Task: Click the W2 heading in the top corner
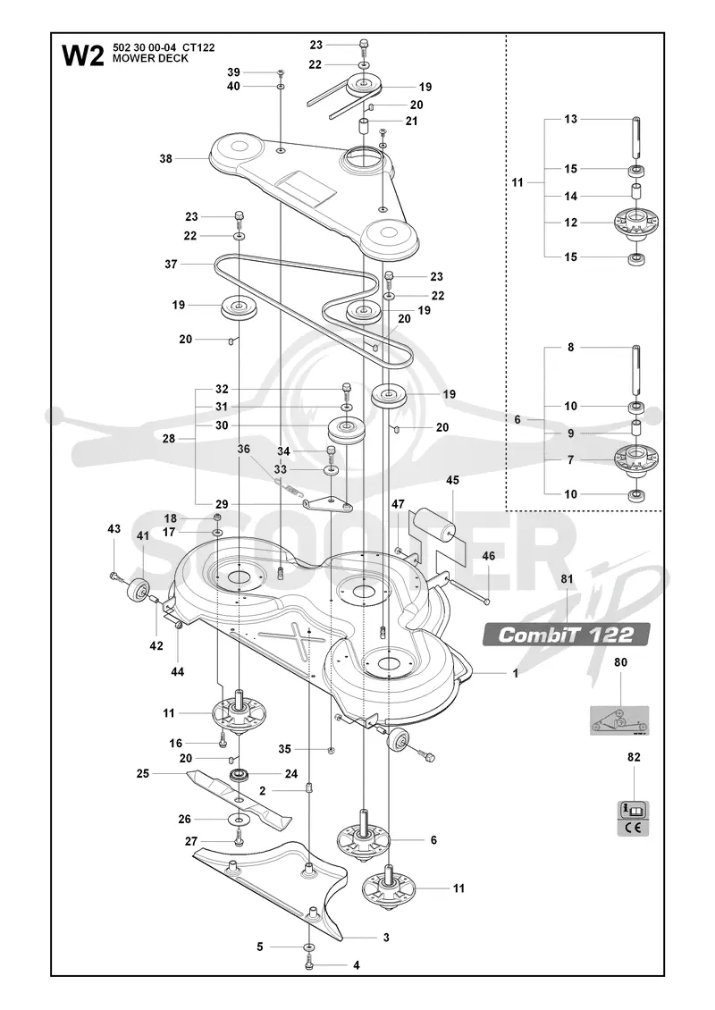82,55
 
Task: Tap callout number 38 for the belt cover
166,158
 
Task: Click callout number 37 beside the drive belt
171,264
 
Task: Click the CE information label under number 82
634,818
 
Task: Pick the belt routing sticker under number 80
619,720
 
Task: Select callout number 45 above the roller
452,480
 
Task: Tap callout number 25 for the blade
143,772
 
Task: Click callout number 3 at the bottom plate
386,938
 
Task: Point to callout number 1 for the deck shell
516,673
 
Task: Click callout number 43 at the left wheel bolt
114,529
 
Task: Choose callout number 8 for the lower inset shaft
571,347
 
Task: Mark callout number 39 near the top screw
233,72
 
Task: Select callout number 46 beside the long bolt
489,555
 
